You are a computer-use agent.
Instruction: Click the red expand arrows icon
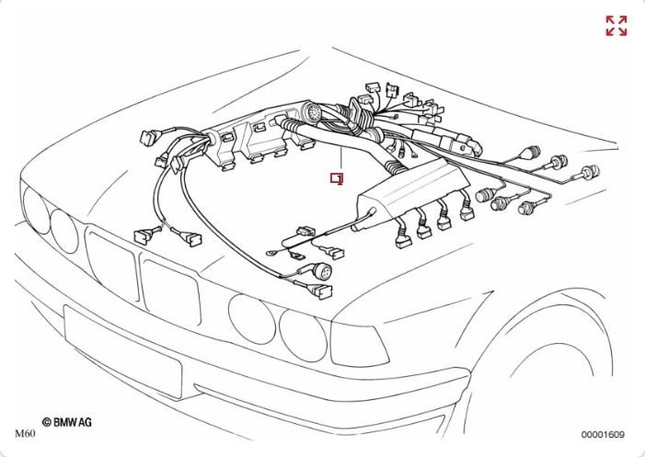[x=616, y=26]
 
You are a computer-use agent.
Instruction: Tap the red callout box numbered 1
[x=337, y=178]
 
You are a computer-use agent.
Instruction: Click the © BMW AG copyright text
[x=67, y=422]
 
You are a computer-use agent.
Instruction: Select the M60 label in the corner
[x=25, y=434]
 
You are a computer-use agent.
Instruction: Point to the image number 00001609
[x=603, y=434]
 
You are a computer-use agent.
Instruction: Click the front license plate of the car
[x=122, y=351]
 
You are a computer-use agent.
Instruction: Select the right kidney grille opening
[x=170, y=290]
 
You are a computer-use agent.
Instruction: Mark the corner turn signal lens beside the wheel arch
[x=359, y=345]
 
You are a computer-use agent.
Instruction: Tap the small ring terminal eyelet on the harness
[x=271, y=254]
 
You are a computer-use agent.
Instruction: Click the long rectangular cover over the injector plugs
[x=413, y=187]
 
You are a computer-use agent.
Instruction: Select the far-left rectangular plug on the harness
[x=148, y=137]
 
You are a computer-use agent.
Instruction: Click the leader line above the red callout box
[x=341, y=160]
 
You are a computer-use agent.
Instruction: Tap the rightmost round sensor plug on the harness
[x=590, y=172]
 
